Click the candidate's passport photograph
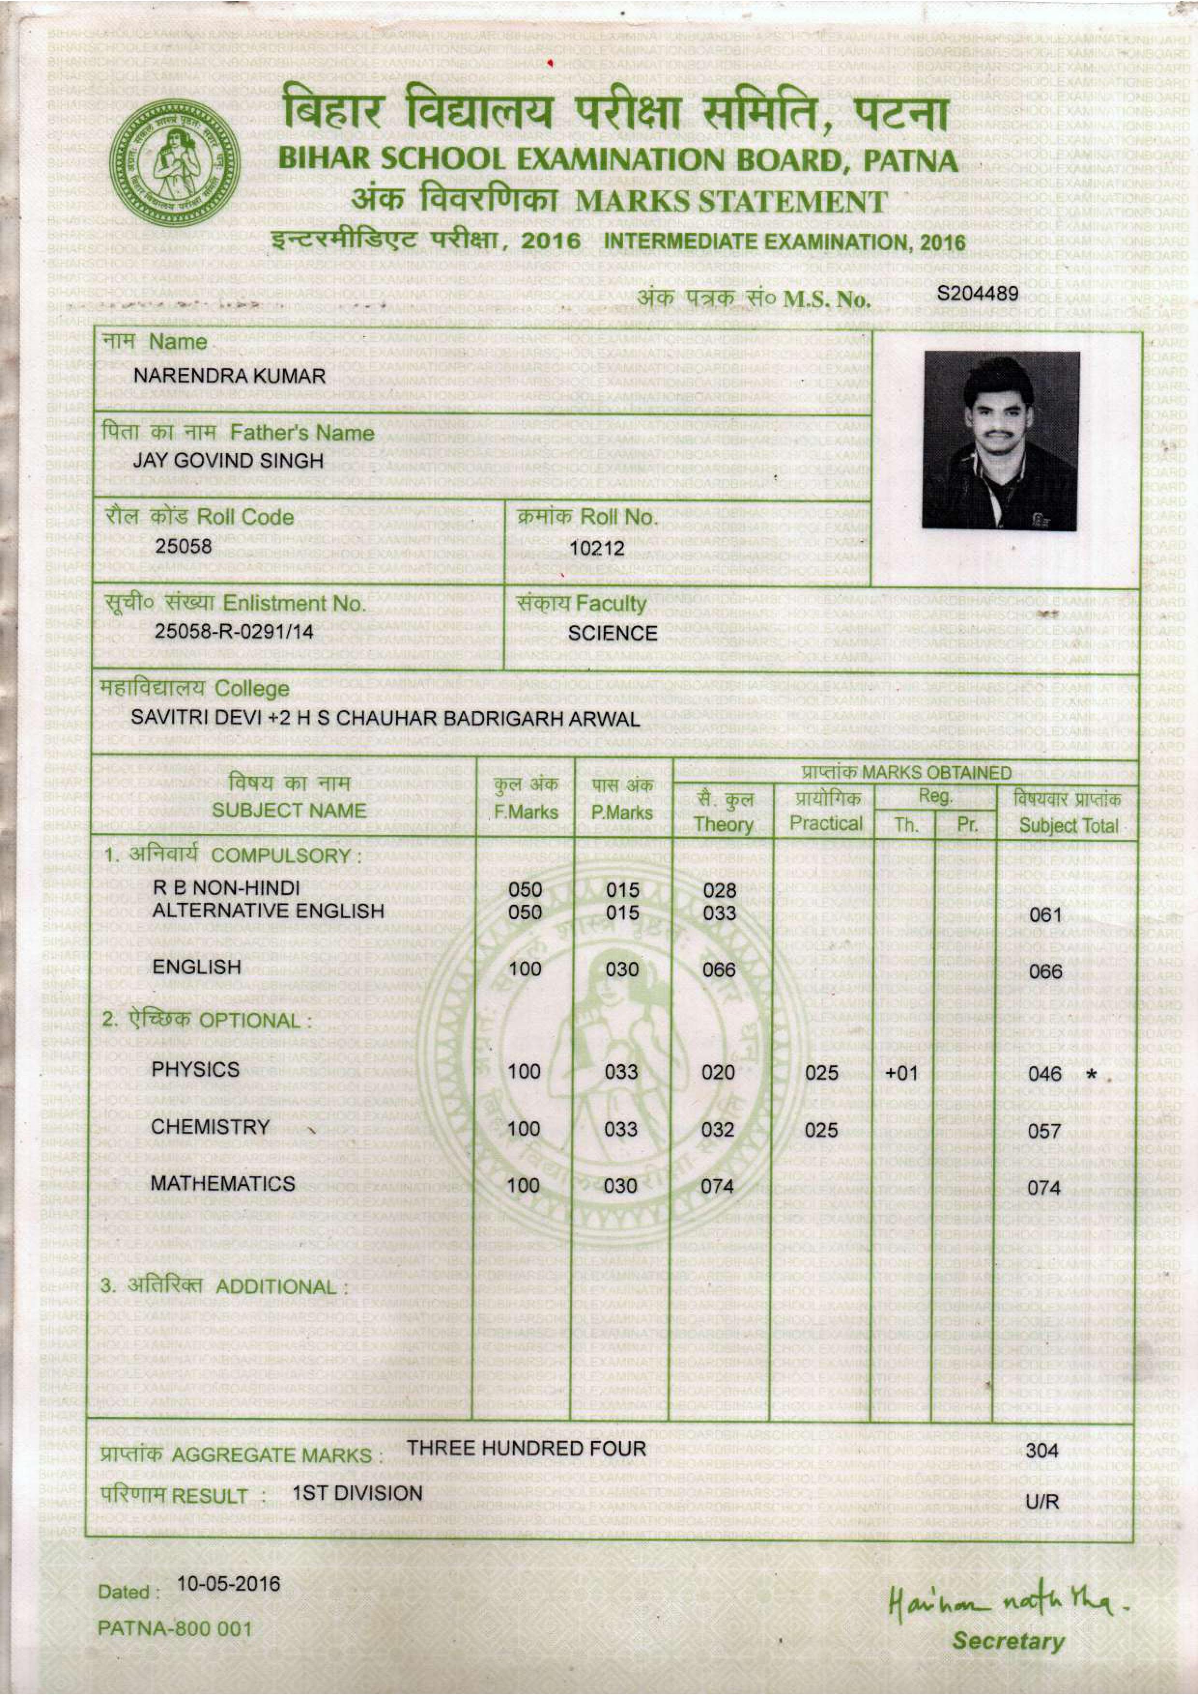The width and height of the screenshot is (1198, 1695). pos(1001,440)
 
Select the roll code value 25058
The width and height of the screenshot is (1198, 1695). pos(183,546)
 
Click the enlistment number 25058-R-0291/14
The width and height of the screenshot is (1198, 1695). pos(234,632)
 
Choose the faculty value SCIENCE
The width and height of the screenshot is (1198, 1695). pos(613,633)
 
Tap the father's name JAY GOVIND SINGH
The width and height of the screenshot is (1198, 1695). pos(228,461)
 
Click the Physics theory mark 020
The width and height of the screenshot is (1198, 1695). pos(718,1071)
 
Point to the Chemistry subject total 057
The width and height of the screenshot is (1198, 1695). pos(1044,1131)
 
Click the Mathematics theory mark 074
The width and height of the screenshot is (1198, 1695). pos(717,1186)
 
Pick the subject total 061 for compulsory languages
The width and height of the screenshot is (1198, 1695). pos(1044,915)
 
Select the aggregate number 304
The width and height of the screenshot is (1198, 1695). pos(1041,1450)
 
